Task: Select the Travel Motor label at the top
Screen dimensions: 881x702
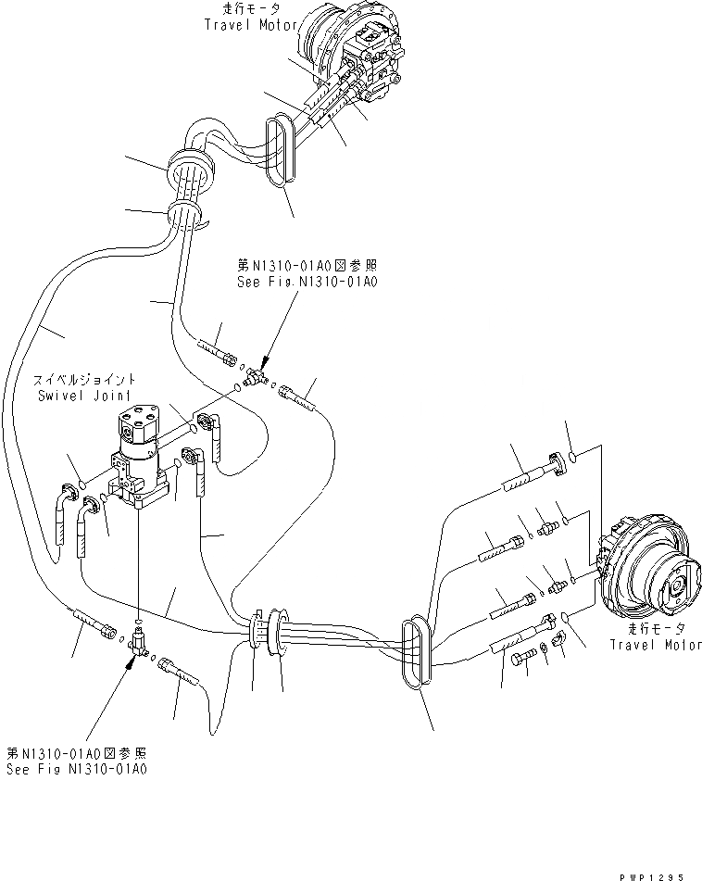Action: click(x=246, y=25)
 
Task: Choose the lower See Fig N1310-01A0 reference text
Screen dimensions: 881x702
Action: click(x=78, y=770)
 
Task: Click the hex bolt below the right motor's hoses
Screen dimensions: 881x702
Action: click(x=519, y=659)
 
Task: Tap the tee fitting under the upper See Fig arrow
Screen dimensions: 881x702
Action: click(x=257, y=376)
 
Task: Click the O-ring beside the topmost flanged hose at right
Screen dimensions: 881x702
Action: click(x=573, y=455)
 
